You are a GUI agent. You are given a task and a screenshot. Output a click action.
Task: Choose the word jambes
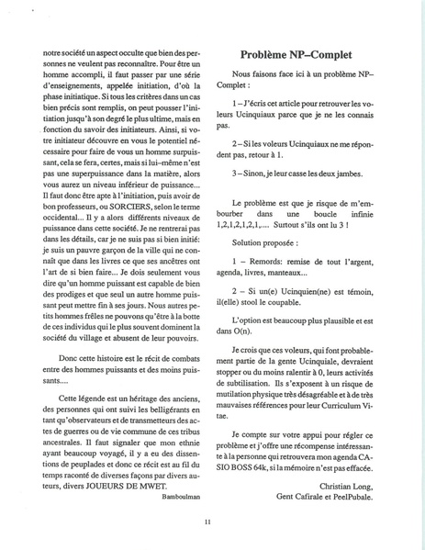coord(343,173)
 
